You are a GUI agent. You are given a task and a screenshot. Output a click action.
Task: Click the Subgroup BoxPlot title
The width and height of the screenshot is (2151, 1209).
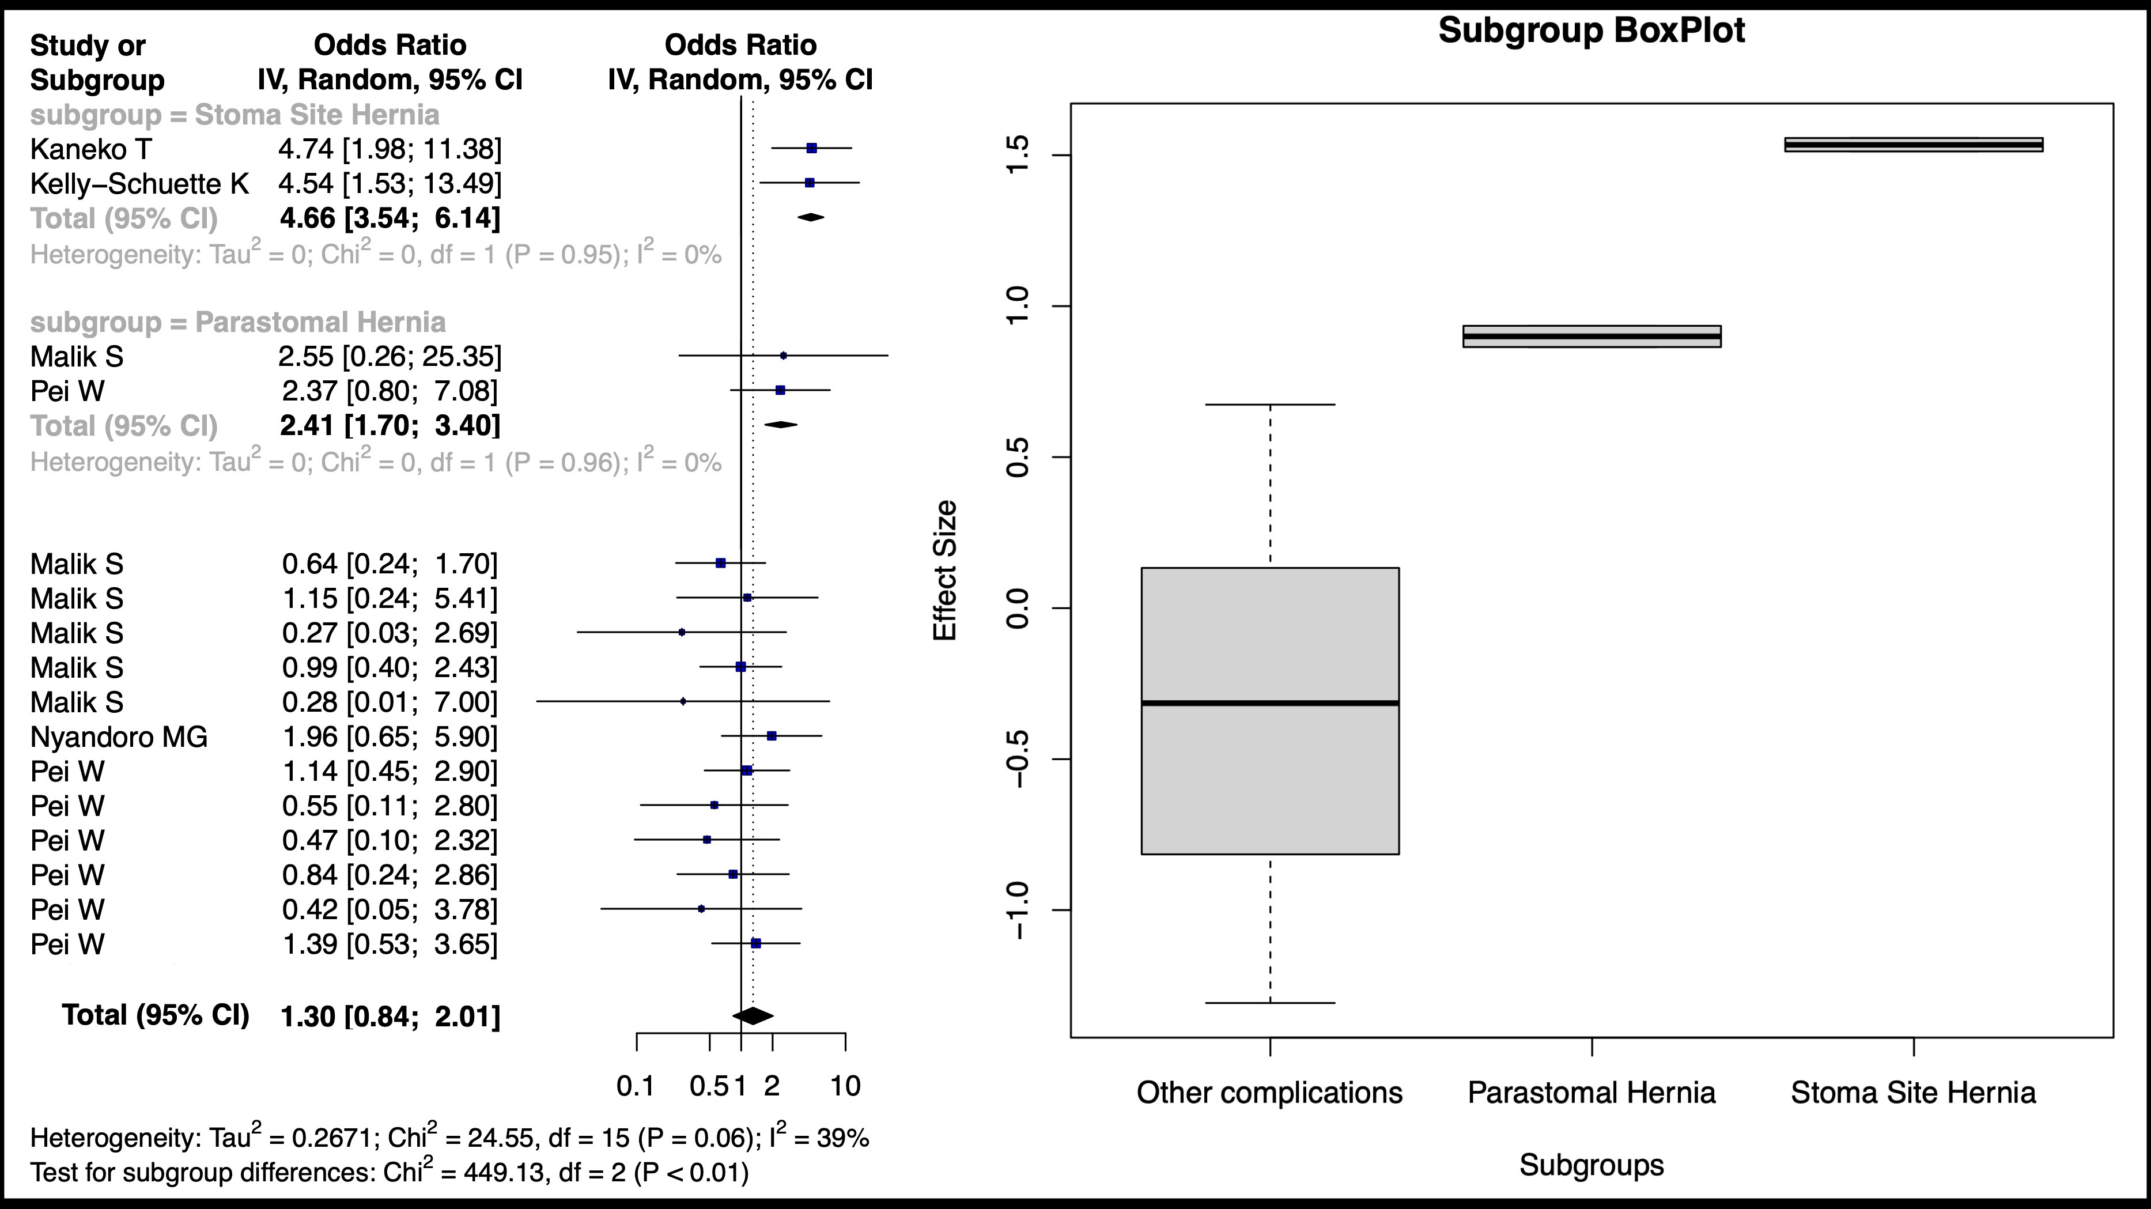tap(1591, 32)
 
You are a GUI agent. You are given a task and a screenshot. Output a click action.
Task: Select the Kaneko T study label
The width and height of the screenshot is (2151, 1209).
tap(91, 149)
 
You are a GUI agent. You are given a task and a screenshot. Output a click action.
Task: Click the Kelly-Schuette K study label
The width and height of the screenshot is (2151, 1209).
tap(139, 184)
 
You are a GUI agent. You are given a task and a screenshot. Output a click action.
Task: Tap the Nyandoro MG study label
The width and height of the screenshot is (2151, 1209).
tap(119, 737)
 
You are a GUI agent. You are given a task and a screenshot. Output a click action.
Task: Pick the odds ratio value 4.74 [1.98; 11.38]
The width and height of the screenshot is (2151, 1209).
tap(390, 149)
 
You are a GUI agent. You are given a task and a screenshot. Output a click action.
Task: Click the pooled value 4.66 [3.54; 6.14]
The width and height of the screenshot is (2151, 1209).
tap(390, 219)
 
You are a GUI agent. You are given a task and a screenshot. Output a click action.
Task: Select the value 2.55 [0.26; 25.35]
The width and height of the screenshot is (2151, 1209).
tap(390, 357)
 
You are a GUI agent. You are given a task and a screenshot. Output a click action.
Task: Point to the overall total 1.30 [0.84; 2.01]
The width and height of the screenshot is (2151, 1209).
tap(390, 1016)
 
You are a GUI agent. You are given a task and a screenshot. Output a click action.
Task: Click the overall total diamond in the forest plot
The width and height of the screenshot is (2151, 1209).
tap(753, 1015)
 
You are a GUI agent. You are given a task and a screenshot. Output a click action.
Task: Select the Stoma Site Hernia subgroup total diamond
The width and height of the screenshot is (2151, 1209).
tap(811, 218)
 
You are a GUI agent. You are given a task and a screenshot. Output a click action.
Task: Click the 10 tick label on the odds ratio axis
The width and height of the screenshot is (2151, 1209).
tap(846, 1086)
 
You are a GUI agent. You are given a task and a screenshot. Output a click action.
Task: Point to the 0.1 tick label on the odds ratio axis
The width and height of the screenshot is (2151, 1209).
tap(636, 1086)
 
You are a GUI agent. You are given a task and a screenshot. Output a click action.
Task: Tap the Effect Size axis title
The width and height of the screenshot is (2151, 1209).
tap(944, 571)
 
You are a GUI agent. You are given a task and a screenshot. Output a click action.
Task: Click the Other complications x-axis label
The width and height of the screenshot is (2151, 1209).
tap(1269, 1093)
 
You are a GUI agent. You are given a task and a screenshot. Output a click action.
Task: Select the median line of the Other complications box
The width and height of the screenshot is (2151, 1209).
tap(1270, 703)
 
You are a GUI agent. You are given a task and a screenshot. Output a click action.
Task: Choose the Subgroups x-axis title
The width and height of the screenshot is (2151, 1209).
tap(1591, 1166)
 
